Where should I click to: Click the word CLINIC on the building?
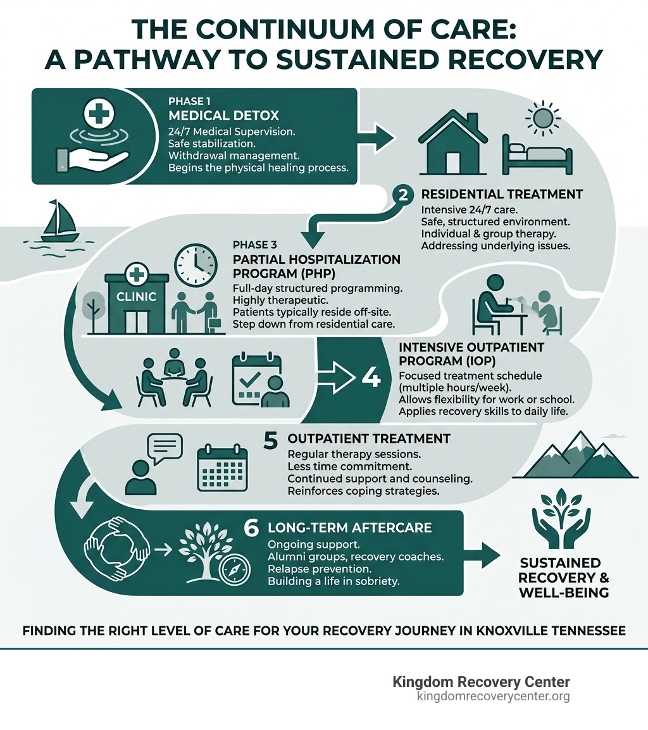tap(135, 296)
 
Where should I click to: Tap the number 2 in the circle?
tap(402, 195)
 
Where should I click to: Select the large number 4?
tap(371, 378)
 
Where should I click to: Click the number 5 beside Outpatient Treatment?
tap(270, 440)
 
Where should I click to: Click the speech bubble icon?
tap(164, 449)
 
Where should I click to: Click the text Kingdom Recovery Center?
tap(481, 682)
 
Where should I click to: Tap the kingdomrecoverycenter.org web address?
tap(493, 696)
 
